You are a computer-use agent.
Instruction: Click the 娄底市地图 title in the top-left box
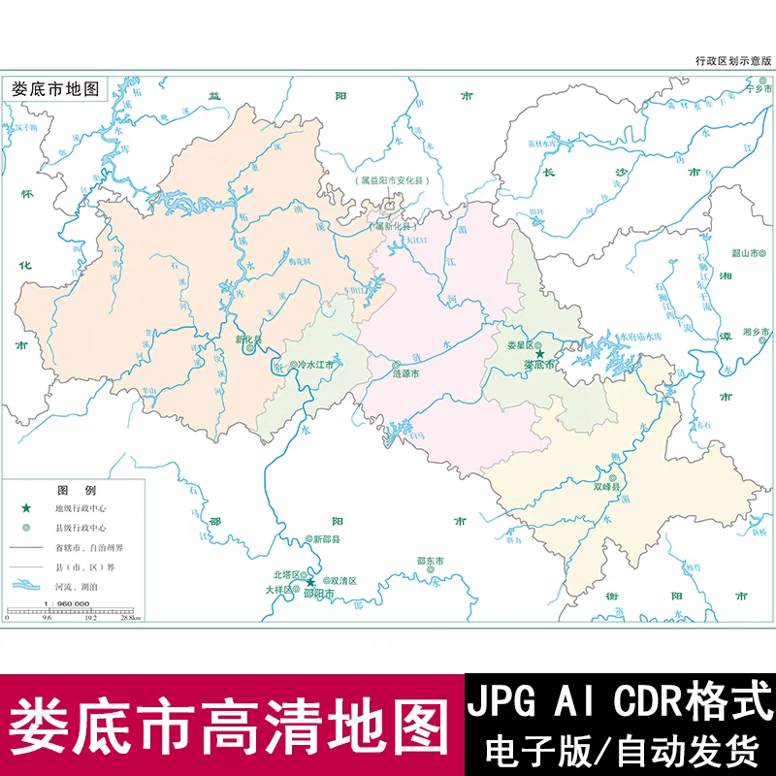[x=55, y=87]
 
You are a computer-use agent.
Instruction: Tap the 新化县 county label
[x=249, y=339]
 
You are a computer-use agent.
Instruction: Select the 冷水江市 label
[x=315, y=366]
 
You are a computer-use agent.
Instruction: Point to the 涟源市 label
[x=405, y=372]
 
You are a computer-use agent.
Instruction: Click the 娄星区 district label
[x=522, y=344]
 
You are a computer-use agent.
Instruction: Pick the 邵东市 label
[x=430, y=561]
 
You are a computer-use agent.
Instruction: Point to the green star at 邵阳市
[x=311, y=582]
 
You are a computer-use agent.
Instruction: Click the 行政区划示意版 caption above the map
[x=734, y=60]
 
